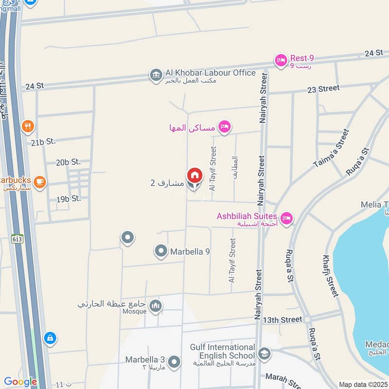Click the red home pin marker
pos(194,175)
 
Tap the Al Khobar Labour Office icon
pos(156,75)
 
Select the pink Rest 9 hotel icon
pos(281,60)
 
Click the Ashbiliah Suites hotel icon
pos(286,217)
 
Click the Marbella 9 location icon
pos(160,251)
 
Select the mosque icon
pos(156,306)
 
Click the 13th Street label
pos(283,319)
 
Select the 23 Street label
pos(323,88)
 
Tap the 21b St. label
pos(43,141)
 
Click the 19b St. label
pos(68,199)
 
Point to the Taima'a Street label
pos(331,148)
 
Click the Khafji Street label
pos(331,276)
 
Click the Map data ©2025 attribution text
pos(363,384)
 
